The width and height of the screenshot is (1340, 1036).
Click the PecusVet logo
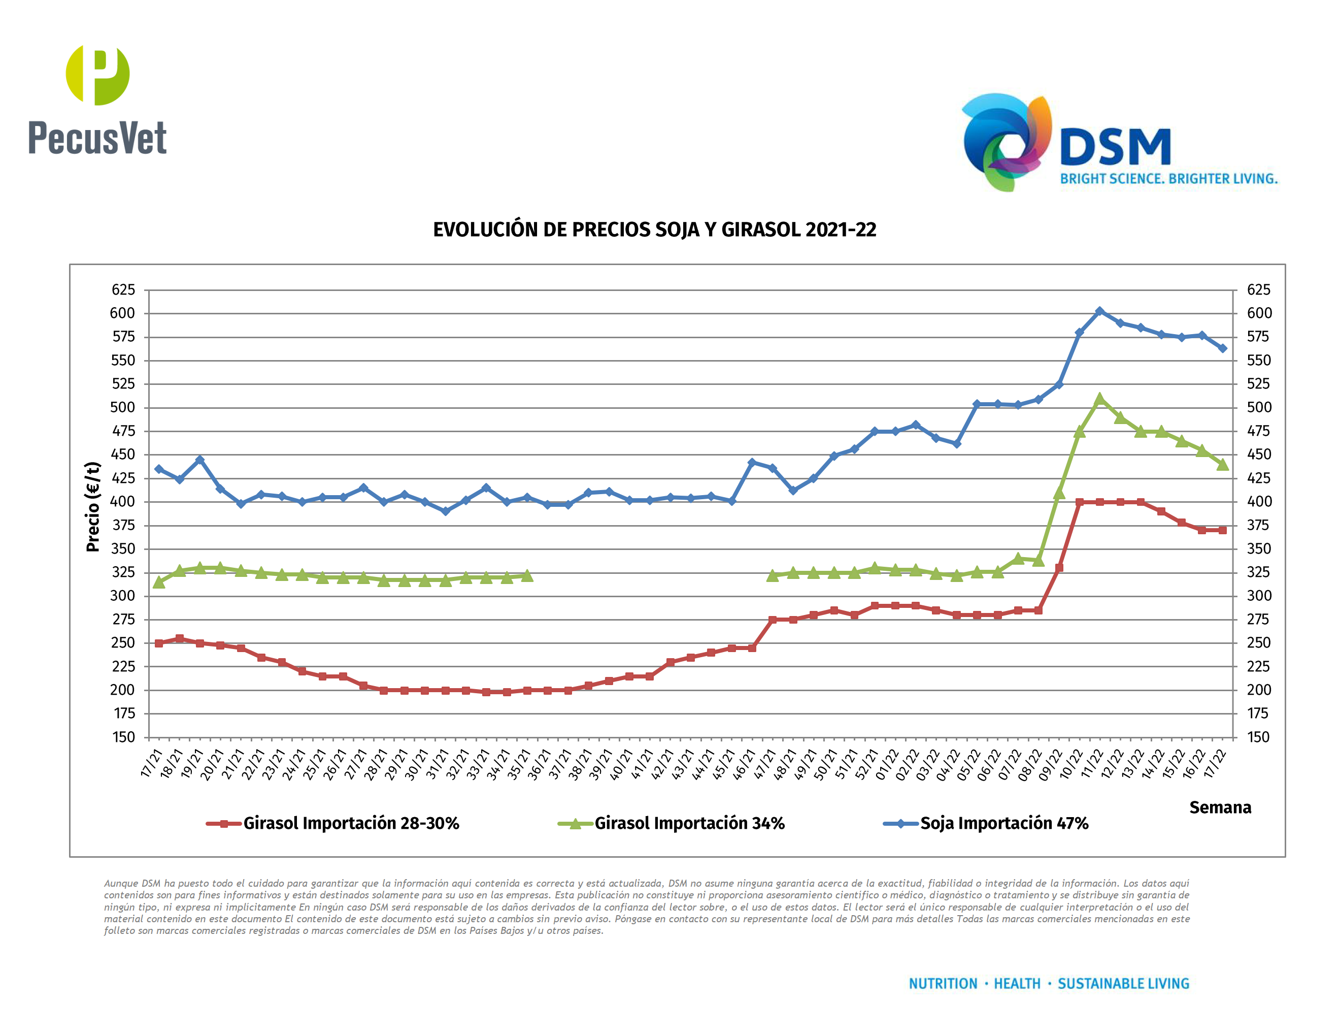pyautogui.click(x=97, y=100)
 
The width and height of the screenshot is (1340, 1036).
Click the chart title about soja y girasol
pyautogui.click(x=654, y=230)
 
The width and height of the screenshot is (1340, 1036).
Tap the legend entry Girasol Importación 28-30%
pyautogui.click(x=350, y=823)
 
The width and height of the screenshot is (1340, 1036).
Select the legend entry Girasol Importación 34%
pyautogui.click(x=689, y=823)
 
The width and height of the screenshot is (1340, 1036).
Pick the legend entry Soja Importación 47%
pyautogui.click(x=1004, y=823)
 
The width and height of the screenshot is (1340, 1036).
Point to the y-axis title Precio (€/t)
pyautogui.click(x=93, y=507)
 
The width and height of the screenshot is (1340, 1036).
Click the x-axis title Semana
pyautogui.click(x=1220, y=807)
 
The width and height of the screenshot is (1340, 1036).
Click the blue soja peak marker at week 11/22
pyautogui.click(x=1099, y=312)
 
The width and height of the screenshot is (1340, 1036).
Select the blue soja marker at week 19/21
pyautogui.click(x=199, y=460)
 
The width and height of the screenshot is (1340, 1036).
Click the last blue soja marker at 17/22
pyautogui.click(x=1222, y=348)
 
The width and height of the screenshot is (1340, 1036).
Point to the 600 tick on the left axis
pyautogui.click(x=123, y=313)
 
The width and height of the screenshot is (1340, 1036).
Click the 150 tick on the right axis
pyautogui.click(x=1258, y=737)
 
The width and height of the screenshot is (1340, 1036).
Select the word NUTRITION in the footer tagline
pyautogui.click(x=943, y=984)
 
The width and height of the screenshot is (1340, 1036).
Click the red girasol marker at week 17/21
pyautogui.click(x=159, y=643)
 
